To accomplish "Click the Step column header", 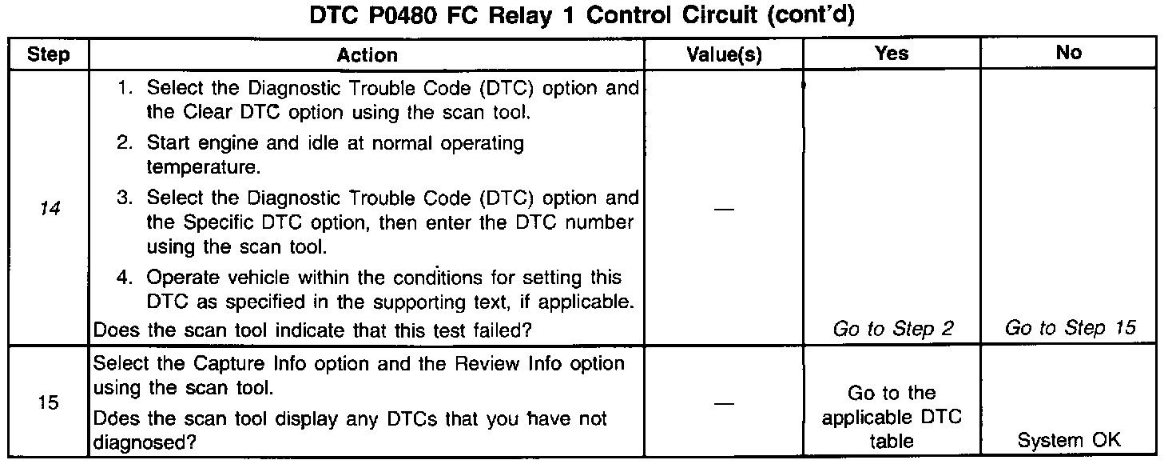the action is coord(48,54).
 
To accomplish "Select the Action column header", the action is coord(367,54).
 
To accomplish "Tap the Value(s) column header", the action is coord(724,54).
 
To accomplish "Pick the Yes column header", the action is coord(892,53).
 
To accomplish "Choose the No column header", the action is coord(1068,53).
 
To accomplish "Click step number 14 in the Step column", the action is coord(48,208).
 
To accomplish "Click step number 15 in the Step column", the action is coord(48,402).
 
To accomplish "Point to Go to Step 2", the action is coord(893,328).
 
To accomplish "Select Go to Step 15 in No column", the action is coord(1070,328).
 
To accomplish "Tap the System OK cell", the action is coord(1069,440).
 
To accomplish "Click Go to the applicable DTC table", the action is coord(892,417).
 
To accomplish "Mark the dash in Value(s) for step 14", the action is coord(724,209).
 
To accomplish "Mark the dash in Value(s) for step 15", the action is coord(724,404).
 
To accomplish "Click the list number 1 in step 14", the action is coord(125,88).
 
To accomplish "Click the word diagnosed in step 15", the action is coord(144,441).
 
